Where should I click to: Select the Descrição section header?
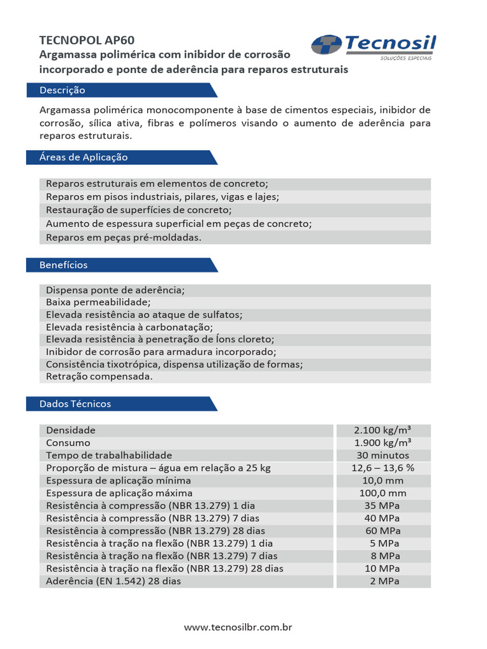[x=62, y=90]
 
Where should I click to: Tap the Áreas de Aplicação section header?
[x=84, y=157]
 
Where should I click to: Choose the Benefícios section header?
[x=63, y=265]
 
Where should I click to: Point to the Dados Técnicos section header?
[x=75, y=404]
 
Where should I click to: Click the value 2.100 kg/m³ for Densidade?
[x=383, y=430]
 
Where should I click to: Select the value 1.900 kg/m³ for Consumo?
[x=383, y=443]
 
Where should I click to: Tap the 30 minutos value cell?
[x=383, y=456]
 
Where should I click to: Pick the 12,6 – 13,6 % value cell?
[x=383, y=468]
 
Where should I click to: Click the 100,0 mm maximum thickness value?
[x=383, y=493]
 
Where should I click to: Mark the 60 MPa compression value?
[x=383, y=530]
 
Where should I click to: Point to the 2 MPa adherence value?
[x=383, y=581]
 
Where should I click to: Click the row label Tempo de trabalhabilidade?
[x=109, y=456]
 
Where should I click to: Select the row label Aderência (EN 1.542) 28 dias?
[x=114, y=581]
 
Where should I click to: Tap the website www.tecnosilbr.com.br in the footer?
[x=238, y=627]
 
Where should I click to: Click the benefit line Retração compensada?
[x=100, y=376]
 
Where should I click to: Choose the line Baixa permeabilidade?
[x=98, y=302]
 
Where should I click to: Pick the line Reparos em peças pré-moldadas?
[x=124, y=238]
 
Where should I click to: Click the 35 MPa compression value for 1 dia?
[x=383, y=506]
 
